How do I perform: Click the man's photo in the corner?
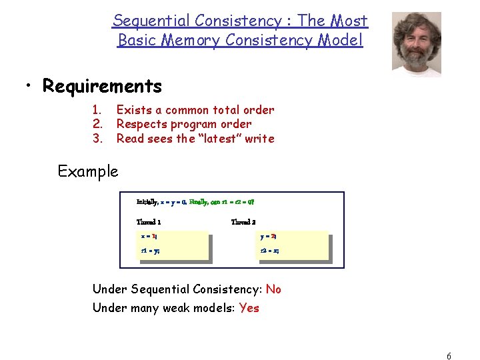pyautogui.click(x=416, y=43)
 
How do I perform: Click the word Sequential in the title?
pyautogui.click(x=147, y=21)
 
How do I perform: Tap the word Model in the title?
pyautogui.click(x=341, y=40)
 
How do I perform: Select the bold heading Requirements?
pyautogui.click(x=102, y=86)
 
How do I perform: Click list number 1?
pyautogui.click(x=96, y=110)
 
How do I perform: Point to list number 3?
pyautogui.click(x=96, y=139)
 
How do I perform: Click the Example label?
pyautogui.click(x=88, y=171)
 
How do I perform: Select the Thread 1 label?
pyautogui.click(x=149, y=222)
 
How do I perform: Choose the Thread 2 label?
pyautogui.click(x=243, y=222)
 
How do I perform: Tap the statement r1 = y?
pyautogui.click(x=150, y=251)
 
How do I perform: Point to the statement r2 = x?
pyautogui.click(x=270, y=251)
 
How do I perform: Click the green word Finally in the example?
pyautogui.click(x=198, y=201)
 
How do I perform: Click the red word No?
pyautogui.click(x=273, y=289)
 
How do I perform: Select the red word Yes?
pyautogui.click(x=249, y=308)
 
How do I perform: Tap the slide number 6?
pyautogui.click(x=449, y=357)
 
